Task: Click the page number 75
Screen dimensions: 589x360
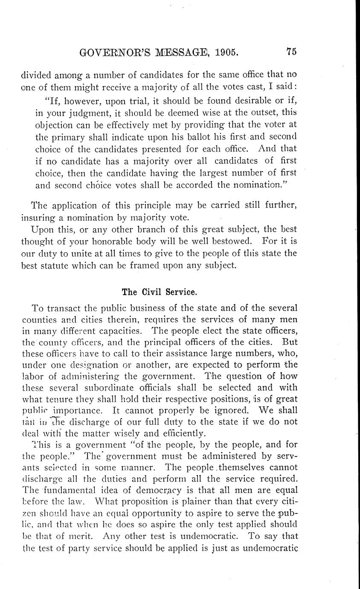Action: pyautogui.click(x=291, y=52)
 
